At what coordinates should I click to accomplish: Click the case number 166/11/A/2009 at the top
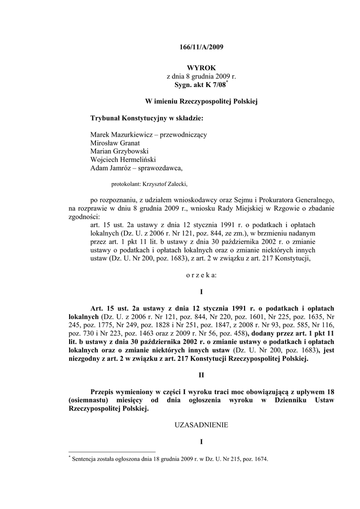click(x=201, y=48)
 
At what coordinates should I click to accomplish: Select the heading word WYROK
click(x=201, y=67)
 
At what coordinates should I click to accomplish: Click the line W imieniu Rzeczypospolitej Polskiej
click(x=201, y=101)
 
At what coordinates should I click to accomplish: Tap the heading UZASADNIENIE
click(x=201, y=425)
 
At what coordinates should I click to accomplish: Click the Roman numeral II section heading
click(x=201, y=376)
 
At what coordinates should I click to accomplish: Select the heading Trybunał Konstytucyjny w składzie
click(x=147, y=118)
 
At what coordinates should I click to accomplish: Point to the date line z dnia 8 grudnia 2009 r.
click(x=201, y=77)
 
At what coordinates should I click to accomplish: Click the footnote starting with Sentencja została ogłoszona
click(x=170, y=459)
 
